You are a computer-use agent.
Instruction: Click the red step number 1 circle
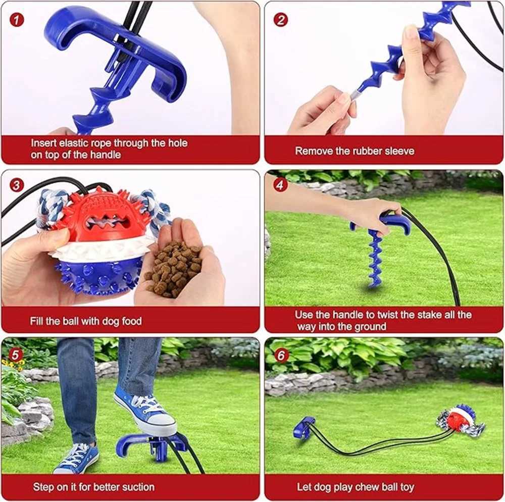[17, 20]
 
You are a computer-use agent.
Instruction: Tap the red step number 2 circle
[280, 20]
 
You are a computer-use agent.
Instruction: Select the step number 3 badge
[17, 185]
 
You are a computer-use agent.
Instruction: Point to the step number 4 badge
[280, 185]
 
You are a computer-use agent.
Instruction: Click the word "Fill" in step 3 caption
[36, 321]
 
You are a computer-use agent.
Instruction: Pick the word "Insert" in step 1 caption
[43, 142]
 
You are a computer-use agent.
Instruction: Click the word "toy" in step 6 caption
[407, 487]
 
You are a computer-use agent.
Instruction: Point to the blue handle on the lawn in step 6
[304, 427]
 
